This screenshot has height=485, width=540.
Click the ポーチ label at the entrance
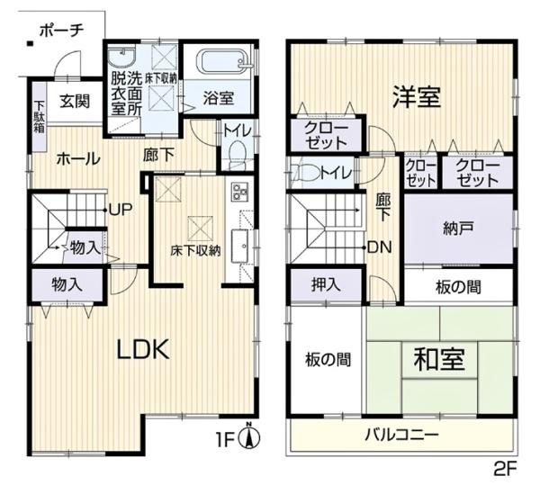[61, 30]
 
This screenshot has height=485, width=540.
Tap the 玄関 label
[75, 102]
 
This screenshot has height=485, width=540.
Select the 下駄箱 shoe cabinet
[40, 110]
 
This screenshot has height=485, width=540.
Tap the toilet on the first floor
[236, 157]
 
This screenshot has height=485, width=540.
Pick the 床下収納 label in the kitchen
[195, 251]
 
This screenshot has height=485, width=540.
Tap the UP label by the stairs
[121, 211]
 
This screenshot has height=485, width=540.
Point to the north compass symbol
[253, 438]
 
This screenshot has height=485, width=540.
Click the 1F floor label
[225, 441]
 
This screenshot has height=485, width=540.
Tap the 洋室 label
[416, 96]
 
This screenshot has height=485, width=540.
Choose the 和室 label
[439, 359]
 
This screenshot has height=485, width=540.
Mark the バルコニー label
[401, 436]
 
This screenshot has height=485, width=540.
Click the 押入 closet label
[326, 285]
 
